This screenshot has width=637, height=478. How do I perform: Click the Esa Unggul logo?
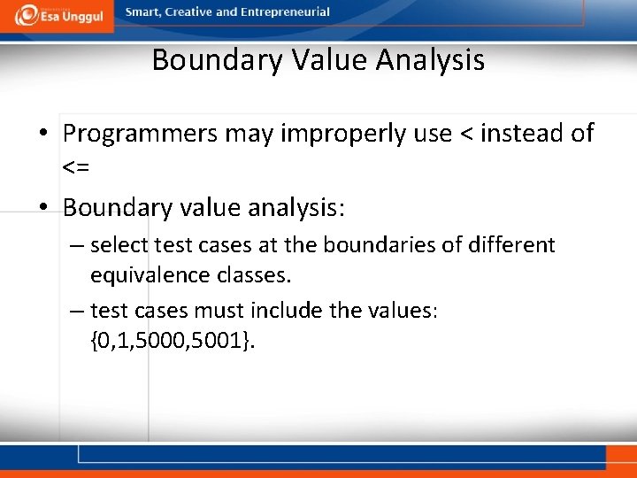[x=57, y=15]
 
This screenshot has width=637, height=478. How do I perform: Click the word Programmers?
[x=142, y=134]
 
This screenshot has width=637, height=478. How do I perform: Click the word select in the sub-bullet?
[x=119, y=244]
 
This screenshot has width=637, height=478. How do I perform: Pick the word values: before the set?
[x=411, y=311]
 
